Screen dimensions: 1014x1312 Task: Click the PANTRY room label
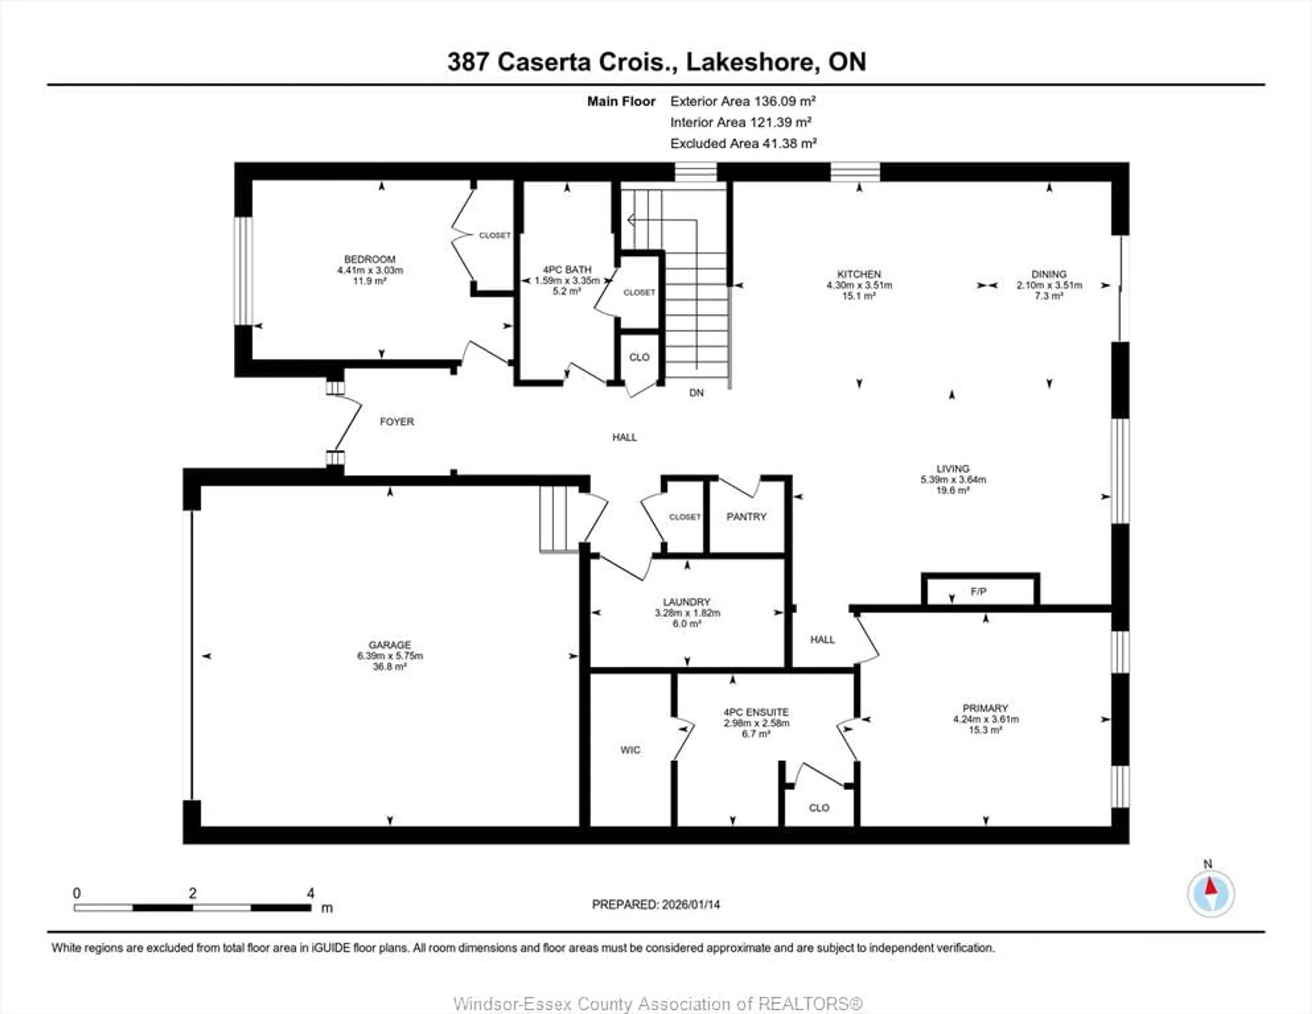tap(746, 516)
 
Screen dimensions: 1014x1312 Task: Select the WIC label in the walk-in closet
tap(630, 750)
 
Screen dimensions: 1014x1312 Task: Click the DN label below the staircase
tap(696, 393)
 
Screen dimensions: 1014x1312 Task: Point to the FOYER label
tap(396, 421)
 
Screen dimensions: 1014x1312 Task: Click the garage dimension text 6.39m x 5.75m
tap(390, 656)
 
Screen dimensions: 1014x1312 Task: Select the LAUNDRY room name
tap(687, 602)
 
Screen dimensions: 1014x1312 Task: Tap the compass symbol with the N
tap(1211, 894)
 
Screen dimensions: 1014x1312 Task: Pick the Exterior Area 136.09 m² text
tap(742, 101)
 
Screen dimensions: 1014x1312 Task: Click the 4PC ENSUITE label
tap(756, 712)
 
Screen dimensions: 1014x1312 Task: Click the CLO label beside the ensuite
tap(819, 807)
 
